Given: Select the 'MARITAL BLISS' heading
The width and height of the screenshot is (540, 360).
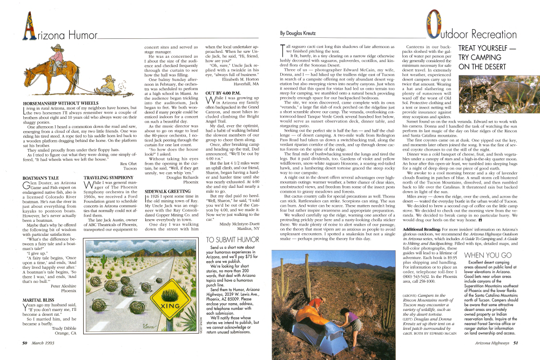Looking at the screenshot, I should (x=38, y=299).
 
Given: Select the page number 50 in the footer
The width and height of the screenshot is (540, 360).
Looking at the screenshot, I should (x=25, y=342).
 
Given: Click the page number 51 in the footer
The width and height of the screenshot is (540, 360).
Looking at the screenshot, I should (x=516, y=342).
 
